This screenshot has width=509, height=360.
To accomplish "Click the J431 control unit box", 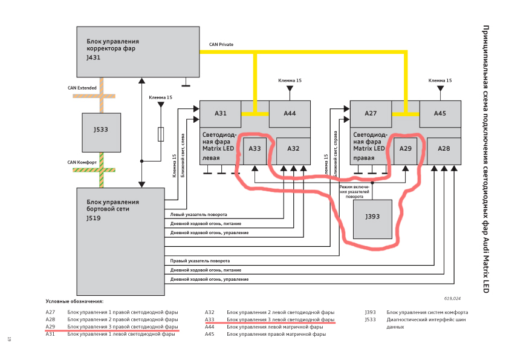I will click(x=138, y=51).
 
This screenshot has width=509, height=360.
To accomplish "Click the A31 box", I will click(x=221, y=113).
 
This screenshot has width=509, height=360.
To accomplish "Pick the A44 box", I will click(x=290, y=113).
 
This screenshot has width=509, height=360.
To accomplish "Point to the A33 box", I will click(x=254, y=150).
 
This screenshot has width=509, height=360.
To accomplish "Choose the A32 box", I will click(x=293, y=150).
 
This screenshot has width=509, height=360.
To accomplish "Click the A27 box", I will click(x=371, y=113).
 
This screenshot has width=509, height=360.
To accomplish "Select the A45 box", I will click(x=440, y=113).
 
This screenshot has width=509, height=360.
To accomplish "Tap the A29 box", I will click(x=405, y=150).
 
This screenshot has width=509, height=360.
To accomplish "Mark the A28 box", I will click(x=444, y=150).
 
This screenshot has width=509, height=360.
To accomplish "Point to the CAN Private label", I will click(x=221, y=45).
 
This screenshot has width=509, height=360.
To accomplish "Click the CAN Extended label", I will click(x=82, y=88).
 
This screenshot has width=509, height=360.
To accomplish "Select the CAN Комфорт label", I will click(x=82, y=162).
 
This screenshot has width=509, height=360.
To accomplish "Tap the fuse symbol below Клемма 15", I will click(x=161, y=134).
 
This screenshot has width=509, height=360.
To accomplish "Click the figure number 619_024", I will click(x=452, y=298).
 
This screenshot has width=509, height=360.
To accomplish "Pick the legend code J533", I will click(x=371, y=319).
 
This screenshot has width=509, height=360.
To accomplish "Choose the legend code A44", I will click(x=210, y=327).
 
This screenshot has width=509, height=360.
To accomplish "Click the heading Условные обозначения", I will click(x=74, y=301).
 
